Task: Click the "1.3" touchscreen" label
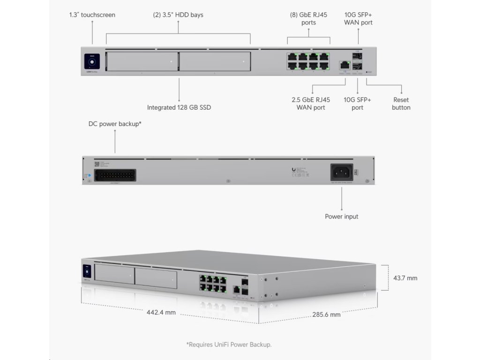92,15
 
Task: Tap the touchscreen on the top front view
92,61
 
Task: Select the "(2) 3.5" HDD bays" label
178,15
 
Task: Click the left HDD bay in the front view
142,61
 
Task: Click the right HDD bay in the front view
215,61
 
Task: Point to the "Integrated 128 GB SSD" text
179,107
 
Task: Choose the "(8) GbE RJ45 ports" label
308,19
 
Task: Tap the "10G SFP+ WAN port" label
358,19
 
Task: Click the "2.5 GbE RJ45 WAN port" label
311,104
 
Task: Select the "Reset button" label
401,104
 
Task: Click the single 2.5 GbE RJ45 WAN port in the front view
345,65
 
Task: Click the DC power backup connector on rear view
115,175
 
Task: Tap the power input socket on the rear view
341,172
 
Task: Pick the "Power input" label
341,217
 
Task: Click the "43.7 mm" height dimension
405,278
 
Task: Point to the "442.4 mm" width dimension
161,312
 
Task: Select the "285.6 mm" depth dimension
326,315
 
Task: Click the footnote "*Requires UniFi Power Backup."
229,345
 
